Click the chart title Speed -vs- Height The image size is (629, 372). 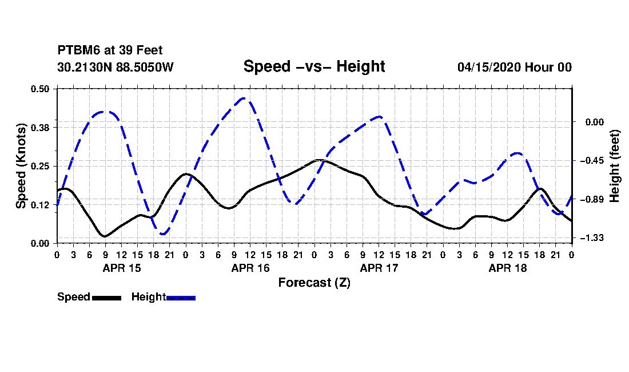[314, 66]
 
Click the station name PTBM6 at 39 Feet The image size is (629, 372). [110, 50]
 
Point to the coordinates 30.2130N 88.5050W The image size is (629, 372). [116, 67]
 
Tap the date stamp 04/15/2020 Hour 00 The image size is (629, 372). [515, 67]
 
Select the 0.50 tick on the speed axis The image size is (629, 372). [40, 89]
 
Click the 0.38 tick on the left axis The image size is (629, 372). [40, 128]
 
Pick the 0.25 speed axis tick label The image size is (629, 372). [40, 166]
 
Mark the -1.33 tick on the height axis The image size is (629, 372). [593, 239]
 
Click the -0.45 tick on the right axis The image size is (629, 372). [593, 161]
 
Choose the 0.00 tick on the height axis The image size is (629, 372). [595, 122]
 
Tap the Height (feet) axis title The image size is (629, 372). [615, 166]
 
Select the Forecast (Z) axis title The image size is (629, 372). [314, 283]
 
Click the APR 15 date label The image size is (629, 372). [122, 268]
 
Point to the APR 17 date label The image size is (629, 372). [379, 268]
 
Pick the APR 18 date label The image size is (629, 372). [507, 268]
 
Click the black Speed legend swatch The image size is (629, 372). [107, 298]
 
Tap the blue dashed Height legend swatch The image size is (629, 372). [181, 298]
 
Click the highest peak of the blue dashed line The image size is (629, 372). [244, 98]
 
